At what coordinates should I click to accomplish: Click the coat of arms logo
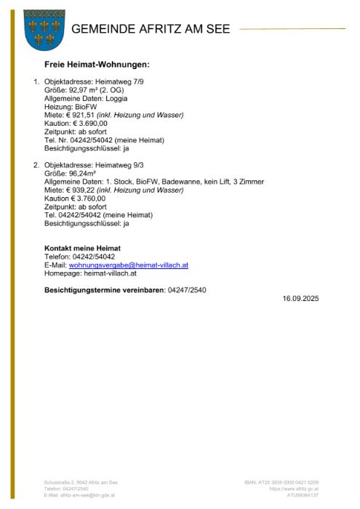pyautogui.click(x=44, y=30)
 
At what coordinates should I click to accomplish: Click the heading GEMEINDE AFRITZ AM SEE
pyautogui.click(x=151, y=29)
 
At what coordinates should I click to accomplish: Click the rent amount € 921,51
pyautogui.click(x=79, y=115)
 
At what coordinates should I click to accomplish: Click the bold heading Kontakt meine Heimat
pyautogui.click(x=82, y=249)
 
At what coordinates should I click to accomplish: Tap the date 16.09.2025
pyautogui.click(x=301, y=299)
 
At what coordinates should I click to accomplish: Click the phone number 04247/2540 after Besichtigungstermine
pyautogui.click(x=187, y=290)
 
